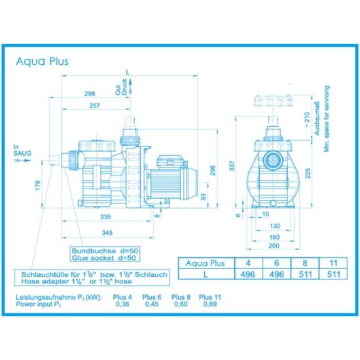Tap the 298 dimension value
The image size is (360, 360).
tap(99, 94)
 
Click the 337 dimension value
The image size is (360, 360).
tap(230, 168)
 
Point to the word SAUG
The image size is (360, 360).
tap(18, 153)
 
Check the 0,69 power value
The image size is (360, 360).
tap(209, 304)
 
